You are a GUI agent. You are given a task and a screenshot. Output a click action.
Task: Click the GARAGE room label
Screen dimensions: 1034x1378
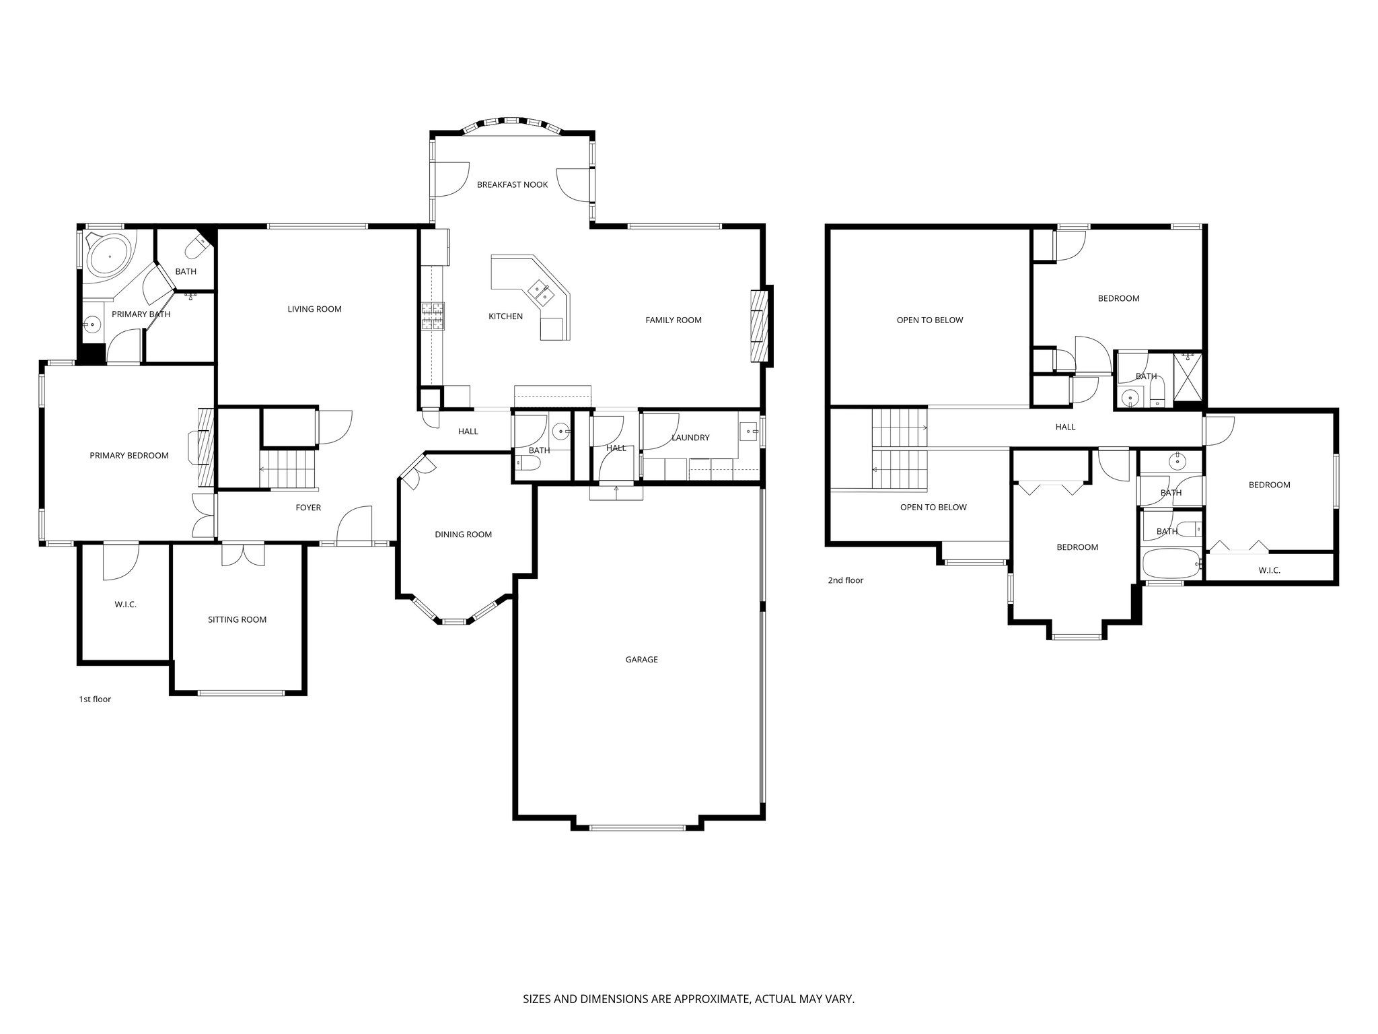coord(641,660)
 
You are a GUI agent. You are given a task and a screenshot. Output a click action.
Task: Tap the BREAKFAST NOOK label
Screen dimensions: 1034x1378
coord(512,184)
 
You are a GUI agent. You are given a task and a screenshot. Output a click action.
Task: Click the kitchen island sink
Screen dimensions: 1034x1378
coord(541,291)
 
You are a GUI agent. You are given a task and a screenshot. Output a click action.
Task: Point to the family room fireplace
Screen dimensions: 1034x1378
coord(759,326)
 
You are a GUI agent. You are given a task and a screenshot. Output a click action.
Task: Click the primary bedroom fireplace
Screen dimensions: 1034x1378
coord(205,447)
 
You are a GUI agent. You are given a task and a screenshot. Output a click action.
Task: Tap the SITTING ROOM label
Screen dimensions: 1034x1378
coord(237,620)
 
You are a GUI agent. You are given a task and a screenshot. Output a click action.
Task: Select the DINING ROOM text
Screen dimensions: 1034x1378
coord(463,535)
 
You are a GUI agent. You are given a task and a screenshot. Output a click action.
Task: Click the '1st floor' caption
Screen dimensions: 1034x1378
coord(95,699)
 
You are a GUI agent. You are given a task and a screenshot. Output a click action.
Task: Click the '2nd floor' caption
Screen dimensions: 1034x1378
coord(845,580)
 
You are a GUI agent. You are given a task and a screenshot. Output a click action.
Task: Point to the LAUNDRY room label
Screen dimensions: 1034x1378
coord(690,438)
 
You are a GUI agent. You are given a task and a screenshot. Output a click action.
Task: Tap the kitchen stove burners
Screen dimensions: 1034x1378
coord(433,316)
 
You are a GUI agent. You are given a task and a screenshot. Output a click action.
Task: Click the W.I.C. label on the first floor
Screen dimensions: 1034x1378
coord(125,605)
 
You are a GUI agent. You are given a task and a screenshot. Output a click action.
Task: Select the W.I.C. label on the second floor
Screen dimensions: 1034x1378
coord(1269,570)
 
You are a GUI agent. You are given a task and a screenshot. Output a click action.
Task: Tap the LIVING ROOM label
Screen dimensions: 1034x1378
coord(314,309)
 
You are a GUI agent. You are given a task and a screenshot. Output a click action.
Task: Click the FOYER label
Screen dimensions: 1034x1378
coord(308,508)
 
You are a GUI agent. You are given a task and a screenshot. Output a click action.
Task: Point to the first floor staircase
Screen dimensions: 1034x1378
coord(288,469)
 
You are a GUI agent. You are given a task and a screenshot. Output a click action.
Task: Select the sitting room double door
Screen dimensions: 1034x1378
coord(243,554)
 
